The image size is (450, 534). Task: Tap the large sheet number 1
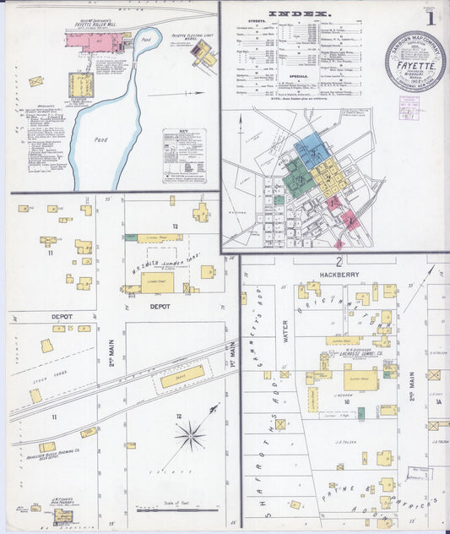coord(431,17)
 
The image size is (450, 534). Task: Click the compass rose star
coord(190,436)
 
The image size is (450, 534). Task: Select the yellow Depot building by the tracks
coord(182,376)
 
